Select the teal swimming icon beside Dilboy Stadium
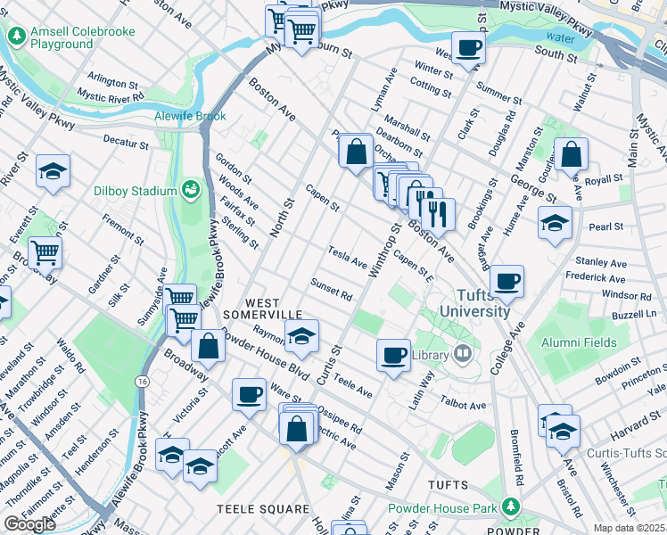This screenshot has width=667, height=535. click(x=189, y=189)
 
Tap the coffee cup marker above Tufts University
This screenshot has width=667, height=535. click(x=506, y=281)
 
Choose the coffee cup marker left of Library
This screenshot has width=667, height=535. click(x=392, y=355)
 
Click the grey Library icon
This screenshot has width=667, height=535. click(x=462, y=355)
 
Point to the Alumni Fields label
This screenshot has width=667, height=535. click(x=580, y=341)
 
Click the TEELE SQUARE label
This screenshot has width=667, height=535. click(x=263, y=509)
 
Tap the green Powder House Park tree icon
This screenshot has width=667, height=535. click(x=510, y=507)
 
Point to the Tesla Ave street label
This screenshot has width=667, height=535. click(x=348, y=258)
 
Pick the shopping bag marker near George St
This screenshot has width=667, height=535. click(x=571, y=155)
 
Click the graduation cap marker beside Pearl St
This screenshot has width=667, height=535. click(x=555, y=223)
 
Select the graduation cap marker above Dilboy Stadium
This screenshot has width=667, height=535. click(x=53, y=171)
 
